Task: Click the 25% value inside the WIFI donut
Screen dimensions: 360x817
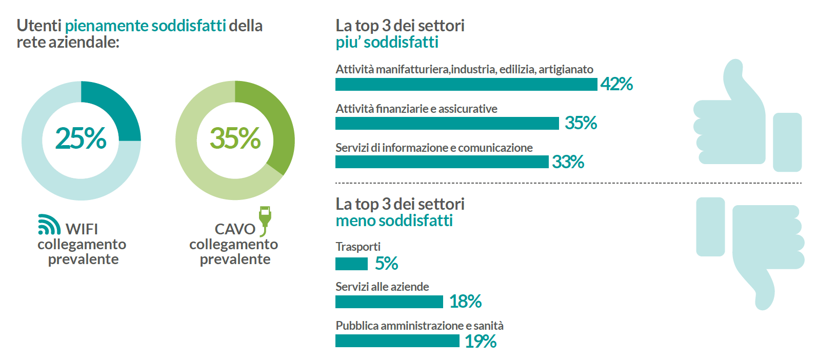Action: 81,138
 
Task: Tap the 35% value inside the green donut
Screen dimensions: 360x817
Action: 235,138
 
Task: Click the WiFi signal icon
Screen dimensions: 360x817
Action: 49,225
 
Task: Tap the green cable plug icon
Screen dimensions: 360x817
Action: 265,219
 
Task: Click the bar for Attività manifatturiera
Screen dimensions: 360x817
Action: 466,84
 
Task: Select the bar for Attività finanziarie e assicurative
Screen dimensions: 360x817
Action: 447,123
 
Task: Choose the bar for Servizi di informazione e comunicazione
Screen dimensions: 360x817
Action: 442,162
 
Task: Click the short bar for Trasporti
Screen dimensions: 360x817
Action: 351,264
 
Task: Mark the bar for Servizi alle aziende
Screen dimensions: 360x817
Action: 389,302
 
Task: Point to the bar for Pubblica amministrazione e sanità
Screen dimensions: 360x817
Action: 397,341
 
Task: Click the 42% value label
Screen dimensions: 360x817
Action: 616,84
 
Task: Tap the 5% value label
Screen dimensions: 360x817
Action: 386,264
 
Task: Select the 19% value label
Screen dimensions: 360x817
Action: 481,341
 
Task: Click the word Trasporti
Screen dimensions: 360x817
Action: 358,247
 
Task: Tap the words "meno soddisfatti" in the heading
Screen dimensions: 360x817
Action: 394,221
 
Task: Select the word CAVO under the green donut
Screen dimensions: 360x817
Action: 234,229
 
